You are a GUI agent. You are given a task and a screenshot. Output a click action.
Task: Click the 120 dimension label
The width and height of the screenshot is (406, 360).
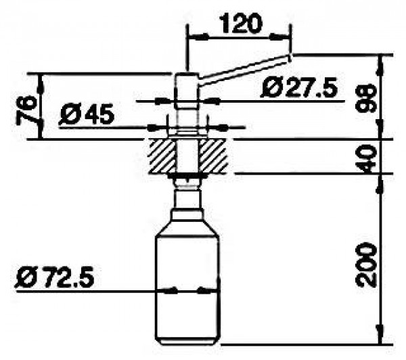(x=241, y=24)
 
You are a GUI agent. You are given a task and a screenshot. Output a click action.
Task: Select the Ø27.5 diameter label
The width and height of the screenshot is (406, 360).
(x=299, y=88)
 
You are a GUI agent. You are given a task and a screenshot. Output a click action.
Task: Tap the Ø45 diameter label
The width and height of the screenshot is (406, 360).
(x=87, y=114)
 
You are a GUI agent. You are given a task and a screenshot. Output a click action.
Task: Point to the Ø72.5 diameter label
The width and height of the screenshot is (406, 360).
(x=55, y=278)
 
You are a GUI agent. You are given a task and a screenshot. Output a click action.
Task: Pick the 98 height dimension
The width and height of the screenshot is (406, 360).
(x=365, y=98)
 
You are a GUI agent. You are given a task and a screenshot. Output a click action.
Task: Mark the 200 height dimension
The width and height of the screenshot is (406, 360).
(x=365, y=265)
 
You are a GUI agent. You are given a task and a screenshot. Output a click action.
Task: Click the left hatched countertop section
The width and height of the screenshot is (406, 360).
(x=162, y=157)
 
